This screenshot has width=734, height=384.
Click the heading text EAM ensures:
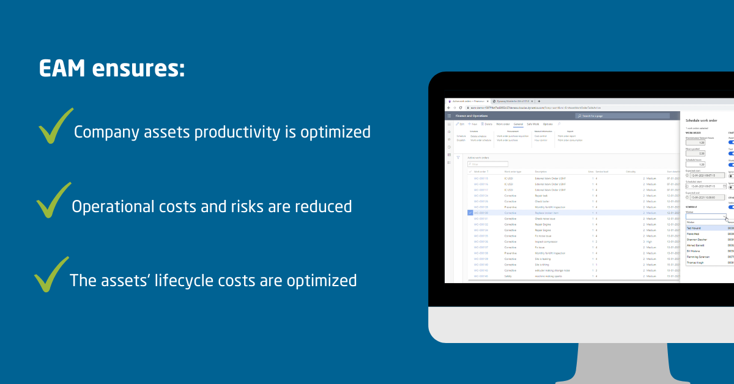tap(111, 68)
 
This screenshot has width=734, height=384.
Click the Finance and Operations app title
tap(472, 116)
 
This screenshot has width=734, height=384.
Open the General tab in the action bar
tap(518, 124)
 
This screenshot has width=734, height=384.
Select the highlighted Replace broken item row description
tap(548, 213)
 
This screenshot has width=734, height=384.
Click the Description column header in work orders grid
tap(541, 172)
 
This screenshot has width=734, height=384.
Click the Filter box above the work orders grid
tap(487, 164)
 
